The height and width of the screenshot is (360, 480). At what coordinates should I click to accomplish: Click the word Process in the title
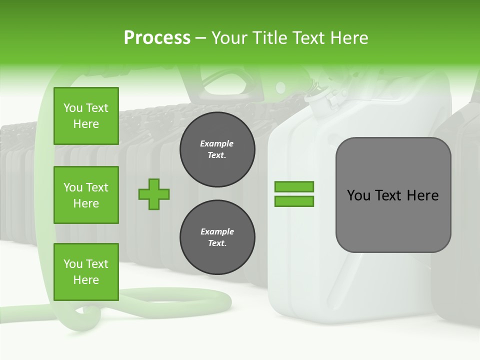coord(157,38)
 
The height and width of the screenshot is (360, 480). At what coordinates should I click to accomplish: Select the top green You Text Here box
coord(86,116)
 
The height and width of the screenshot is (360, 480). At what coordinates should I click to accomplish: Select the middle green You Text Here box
coord(86,195)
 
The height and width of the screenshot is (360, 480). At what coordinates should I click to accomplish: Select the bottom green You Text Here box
coord(86,272)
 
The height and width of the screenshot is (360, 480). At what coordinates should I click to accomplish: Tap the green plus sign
coord(154,194)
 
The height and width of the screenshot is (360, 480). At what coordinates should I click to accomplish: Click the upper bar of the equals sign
coord(294,186)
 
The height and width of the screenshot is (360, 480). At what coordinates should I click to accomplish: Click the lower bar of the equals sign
coord(294,201)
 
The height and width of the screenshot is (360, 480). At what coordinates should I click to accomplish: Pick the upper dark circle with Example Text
coord(217,149)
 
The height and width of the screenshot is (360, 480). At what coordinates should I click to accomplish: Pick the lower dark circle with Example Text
coord(217,237)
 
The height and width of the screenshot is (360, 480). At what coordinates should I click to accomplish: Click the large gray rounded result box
coord(393,220)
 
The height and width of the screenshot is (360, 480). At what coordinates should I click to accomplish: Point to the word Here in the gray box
coord(422,195)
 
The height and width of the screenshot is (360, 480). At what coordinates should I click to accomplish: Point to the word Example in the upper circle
coord(217,143)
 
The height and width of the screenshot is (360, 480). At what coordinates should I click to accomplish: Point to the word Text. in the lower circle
coord(217,243)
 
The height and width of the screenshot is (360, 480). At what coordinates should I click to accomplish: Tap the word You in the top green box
coord(73,108)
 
